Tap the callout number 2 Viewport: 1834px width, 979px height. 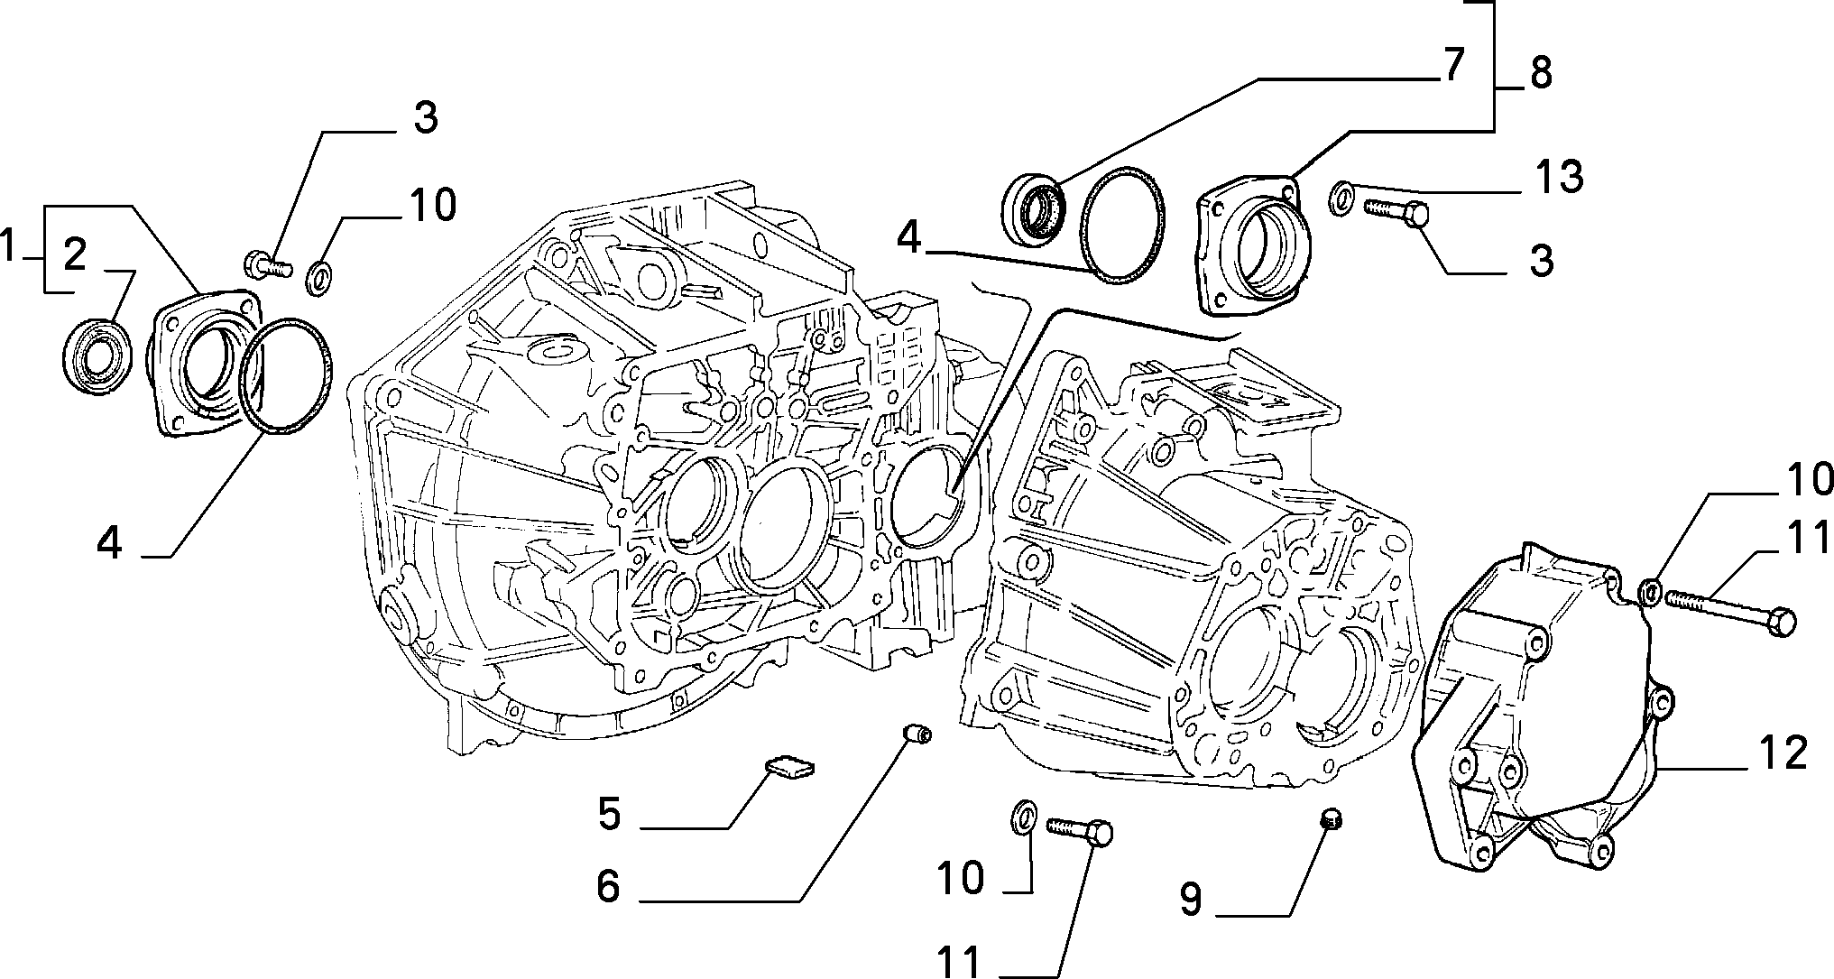click(75, 254)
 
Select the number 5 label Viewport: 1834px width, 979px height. click(609, 814)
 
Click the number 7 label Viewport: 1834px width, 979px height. click(1450, 65)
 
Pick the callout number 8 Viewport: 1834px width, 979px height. click(1540, 72)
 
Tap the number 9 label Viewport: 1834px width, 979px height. click(1191, 899)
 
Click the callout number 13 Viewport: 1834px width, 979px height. click(1559, 177)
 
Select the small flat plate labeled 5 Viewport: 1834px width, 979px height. click(789, 767)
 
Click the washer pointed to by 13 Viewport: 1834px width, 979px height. click(1341, 198)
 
